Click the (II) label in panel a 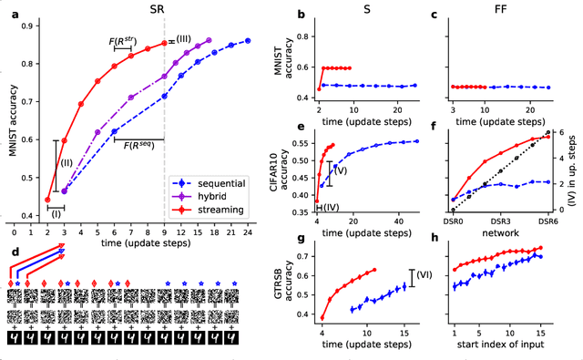66,162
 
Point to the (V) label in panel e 341,170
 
